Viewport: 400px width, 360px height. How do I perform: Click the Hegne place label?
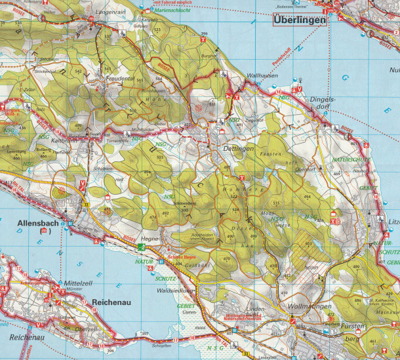[151, 240]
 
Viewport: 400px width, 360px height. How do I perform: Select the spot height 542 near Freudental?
[79, 70]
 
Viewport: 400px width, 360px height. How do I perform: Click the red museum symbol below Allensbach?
[44, 231]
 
